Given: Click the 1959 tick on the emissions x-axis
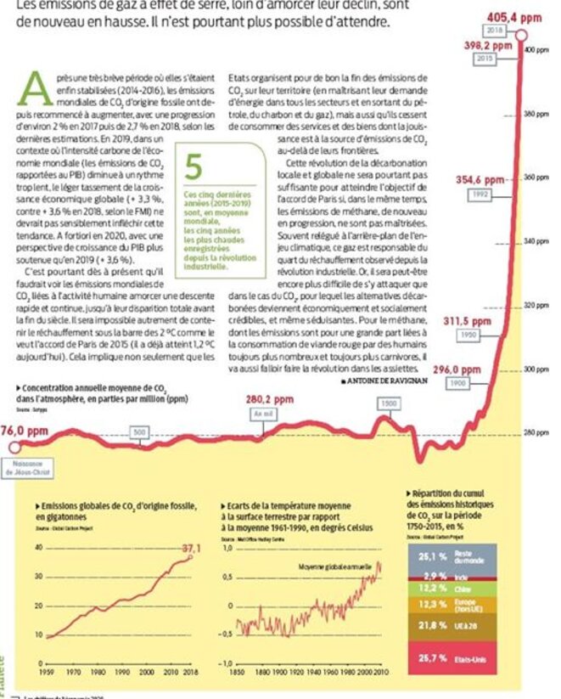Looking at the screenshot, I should [50, 670].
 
